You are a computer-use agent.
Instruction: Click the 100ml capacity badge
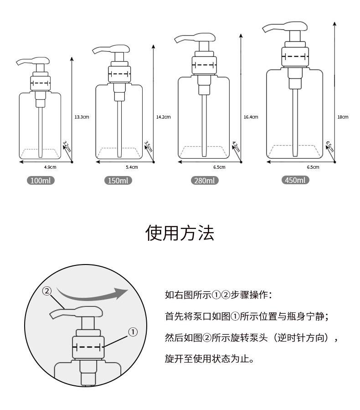[41, 181]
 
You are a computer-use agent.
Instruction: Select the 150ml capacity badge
[118, 181]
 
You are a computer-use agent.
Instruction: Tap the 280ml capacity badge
[205, 181]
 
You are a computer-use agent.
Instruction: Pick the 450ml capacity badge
[295, 180]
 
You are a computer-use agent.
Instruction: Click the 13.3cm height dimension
[82, 117]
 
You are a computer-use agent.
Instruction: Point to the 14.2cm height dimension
[163, 117]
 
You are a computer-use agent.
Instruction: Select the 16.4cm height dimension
[251, 117]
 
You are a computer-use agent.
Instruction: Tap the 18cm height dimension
[343, 117]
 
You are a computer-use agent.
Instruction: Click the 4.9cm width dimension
[50, 167]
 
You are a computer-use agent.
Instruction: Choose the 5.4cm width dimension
[132, 167]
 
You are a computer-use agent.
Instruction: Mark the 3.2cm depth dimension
[67, 146]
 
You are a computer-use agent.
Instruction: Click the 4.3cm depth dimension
[236, 147]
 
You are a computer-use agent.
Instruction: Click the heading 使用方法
[180, 233]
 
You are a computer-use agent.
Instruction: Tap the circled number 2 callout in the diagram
[47, 291]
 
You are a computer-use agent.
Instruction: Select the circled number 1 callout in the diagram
[133, 332]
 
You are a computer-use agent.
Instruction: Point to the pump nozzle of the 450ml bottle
[285, 26]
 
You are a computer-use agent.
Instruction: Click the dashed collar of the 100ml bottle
[40, 83]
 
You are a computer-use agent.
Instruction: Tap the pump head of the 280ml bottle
[195, 38]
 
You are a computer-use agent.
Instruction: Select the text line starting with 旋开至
[210, 358]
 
